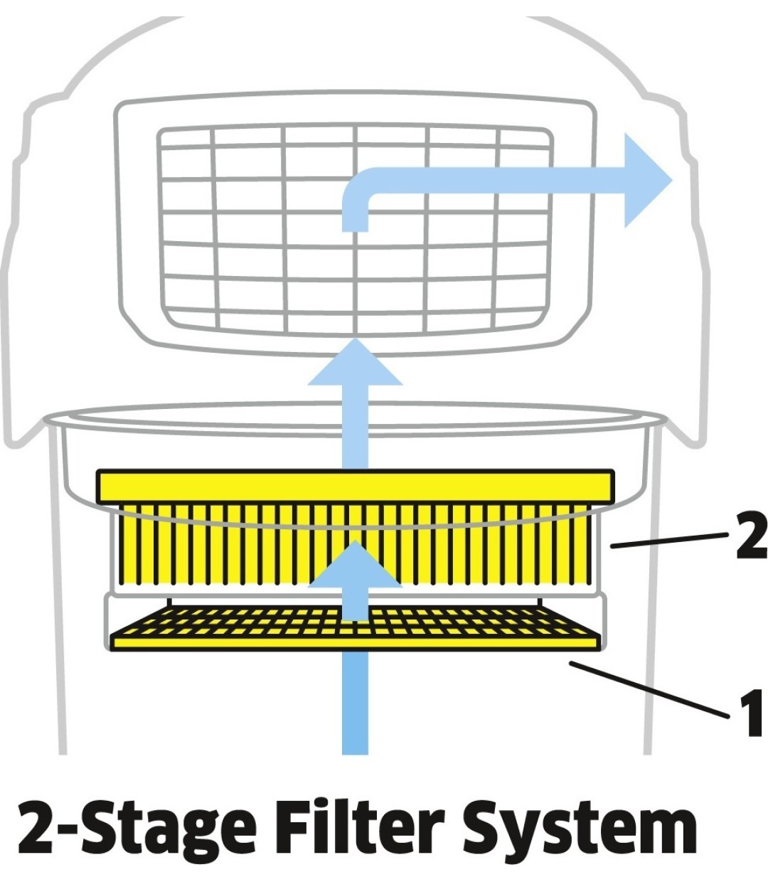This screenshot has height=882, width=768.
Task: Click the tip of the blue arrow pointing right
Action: click(673, 180)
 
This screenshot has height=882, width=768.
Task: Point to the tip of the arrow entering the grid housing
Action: click(355, 338)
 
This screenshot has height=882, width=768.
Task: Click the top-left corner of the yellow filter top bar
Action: click(97, 470)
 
